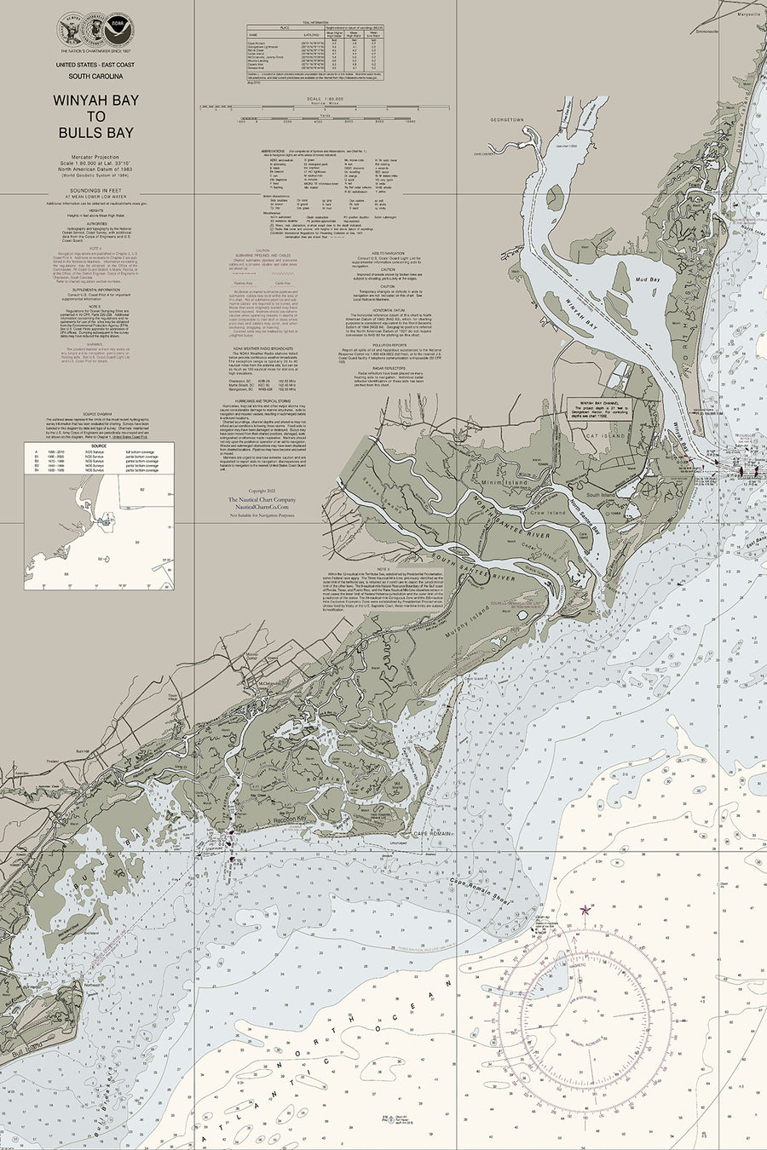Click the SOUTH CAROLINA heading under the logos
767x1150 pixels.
coord(95,76)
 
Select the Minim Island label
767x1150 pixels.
coord(506,482)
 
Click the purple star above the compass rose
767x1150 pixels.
coord(585,910)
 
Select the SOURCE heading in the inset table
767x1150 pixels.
coord(99,445)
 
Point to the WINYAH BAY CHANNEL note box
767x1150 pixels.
coord(604,408)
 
